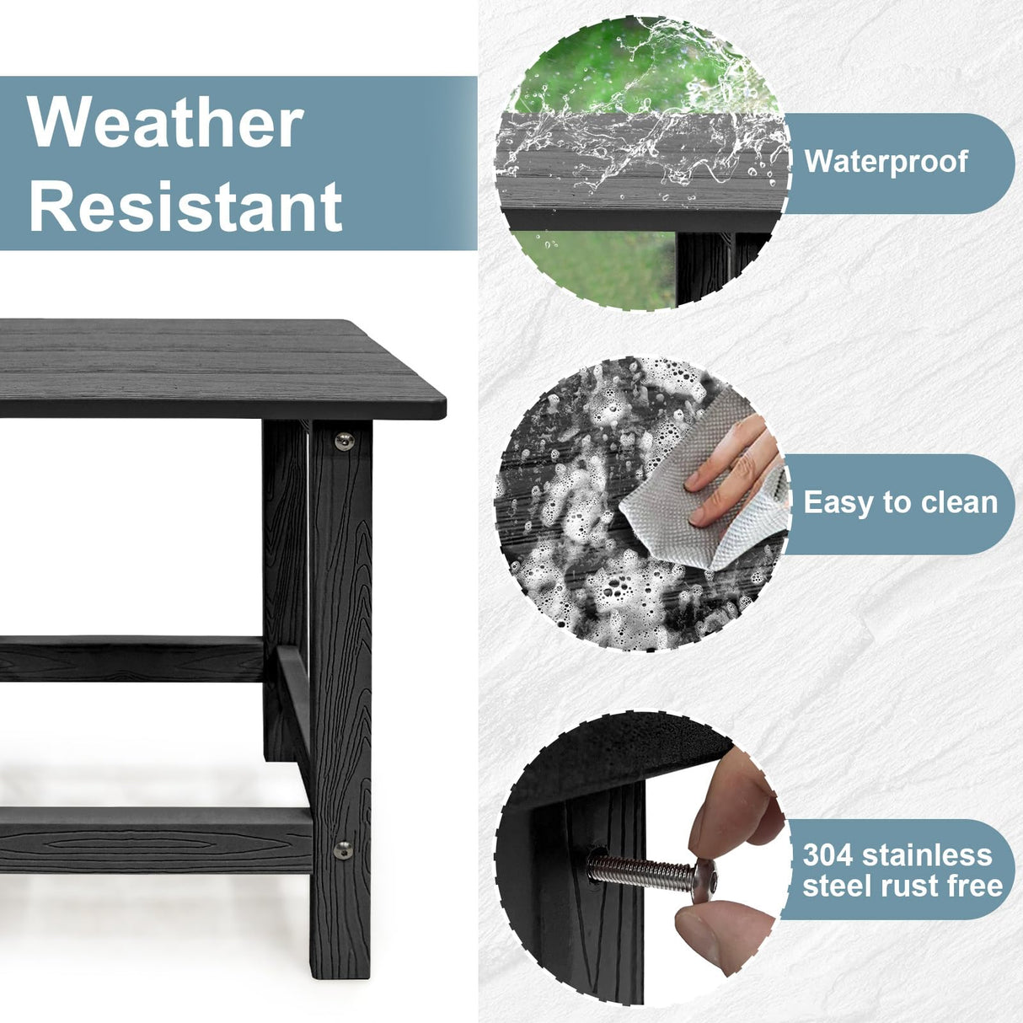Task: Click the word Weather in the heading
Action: (x=165, y=123)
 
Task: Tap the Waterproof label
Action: (x=886, y=161)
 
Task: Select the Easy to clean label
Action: (x=900, y=502)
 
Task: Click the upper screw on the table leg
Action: (x=343, y=440)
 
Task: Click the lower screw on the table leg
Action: (x=343, y=849)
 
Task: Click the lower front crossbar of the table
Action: (x=152, y=839)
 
